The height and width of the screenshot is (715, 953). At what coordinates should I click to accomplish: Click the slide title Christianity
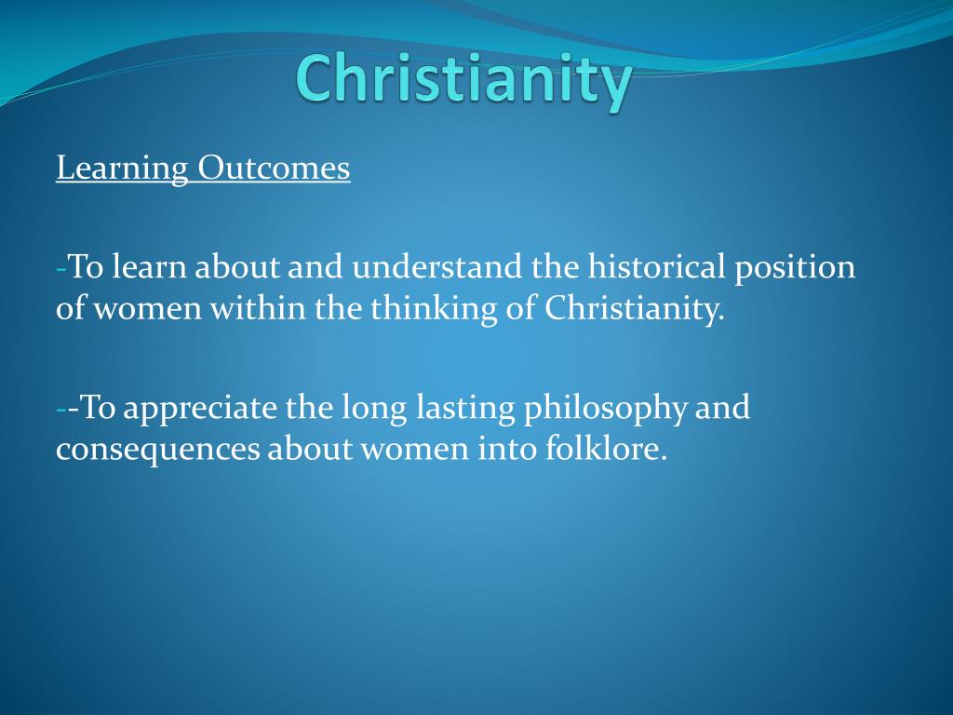[464, 80]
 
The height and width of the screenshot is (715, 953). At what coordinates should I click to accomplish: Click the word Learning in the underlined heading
[122, 169]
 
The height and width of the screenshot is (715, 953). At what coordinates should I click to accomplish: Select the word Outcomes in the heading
[275, 168]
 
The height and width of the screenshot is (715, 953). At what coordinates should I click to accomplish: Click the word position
[795, 268]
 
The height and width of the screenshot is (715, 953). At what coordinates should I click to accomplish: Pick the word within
[259, 307]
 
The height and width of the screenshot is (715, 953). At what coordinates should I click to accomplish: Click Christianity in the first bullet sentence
[635, 309]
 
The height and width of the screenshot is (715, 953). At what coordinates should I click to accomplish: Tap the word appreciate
[200, 409]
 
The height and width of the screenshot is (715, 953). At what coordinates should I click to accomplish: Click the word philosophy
[606, 409]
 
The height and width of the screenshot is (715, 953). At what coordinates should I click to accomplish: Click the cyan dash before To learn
[60, 269]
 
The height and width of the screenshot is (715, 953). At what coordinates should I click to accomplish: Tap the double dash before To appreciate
[67, 410]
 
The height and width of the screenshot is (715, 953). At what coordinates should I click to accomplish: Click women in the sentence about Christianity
[147, 309]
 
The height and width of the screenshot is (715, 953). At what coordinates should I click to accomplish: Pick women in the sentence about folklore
[415, 450]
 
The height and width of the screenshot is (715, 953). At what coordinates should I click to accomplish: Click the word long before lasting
[374, 409]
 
